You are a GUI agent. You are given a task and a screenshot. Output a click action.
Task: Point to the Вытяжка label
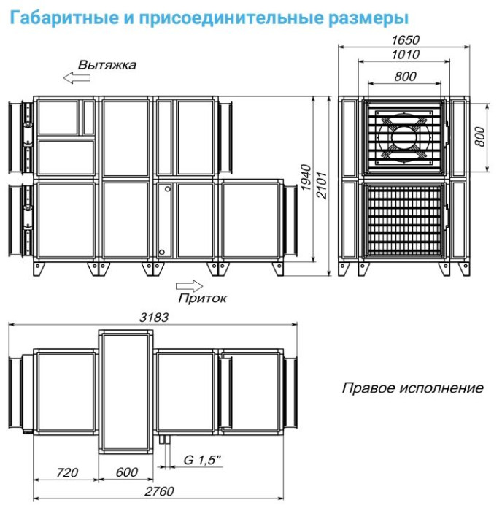click(107, 64)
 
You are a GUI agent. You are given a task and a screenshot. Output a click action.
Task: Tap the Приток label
click(202, 298)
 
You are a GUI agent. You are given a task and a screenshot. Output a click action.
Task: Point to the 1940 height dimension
click(306, 180)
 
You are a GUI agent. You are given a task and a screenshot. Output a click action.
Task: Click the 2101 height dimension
click(319, 180)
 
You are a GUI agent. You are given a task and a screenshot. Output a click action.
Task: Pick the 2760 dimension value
click(154, 492)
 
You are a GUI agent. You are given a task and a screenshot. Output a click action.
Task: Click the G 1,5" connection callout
click(201, 461)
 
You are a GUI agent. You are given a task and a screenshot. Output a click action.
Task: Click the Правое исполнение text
click(412, 388)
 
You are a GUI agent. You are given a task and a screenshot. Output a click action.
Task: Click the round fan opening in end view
click(403, 136)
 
